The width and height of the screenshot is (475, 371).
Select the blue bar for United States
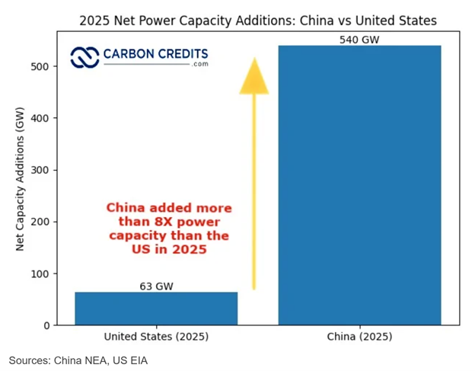coord(156,309)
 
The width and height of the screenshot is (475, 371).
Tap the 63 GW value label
coord(156,286)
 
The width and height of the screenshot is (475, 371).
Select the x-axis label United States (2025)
coord(156,337)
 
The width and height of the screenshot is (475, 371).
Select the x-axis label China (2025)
coord(359,337)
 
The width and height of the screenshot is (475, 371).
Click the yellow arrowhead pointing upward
coord(254,77)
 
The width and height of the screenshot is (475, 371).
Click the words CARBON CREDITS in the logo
coord(155,54)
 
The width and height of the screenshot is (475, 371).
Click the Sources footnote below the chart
coord(78,360)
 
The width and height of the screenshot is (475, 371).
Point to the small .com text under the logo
coord(199,65)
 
